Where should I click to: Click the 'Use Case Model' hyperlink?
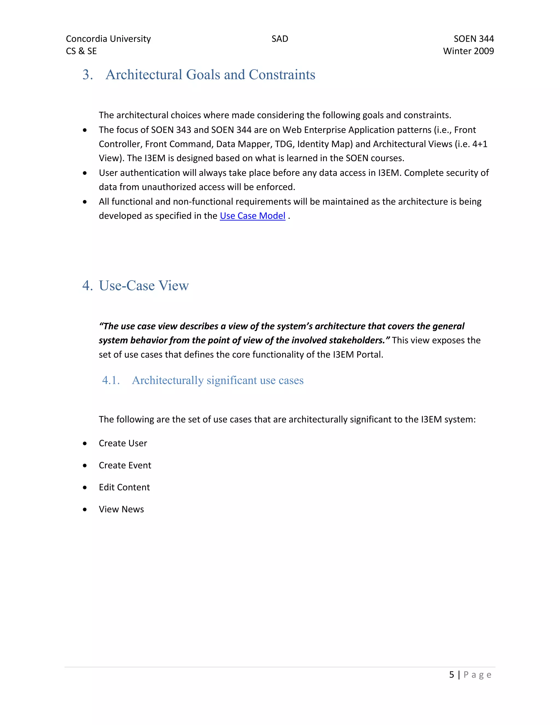coord(252,216)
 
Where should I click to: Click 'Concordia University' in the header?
coord(108,39)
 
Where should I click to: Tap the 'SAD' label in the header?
coord(280,39)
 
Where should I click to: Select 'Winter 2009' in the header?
coord(468,51)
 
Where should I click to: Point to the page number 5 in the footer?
coord(451,675)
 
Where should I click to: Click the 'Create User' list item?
coord(123,443)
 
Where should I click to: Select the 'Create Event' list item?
coord(125,465)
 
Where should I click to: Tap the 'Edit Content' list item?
coord(124,487)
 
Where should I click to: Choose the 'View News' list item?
coord(121,509)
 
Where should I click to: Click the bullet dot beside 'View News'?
coord(85,510)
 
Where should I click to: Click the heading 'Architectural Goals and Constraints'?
coord(210,75)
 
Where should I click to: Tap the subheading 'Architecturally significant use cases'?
coord(218,381)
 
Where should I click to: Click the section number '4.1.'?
coord(111,381)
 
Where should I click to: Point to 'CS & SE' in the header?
coord(81,51)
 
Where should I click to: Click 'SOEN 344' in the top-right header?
coord(473,39)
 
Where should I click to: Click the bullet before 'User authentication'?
coord(85,173)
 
